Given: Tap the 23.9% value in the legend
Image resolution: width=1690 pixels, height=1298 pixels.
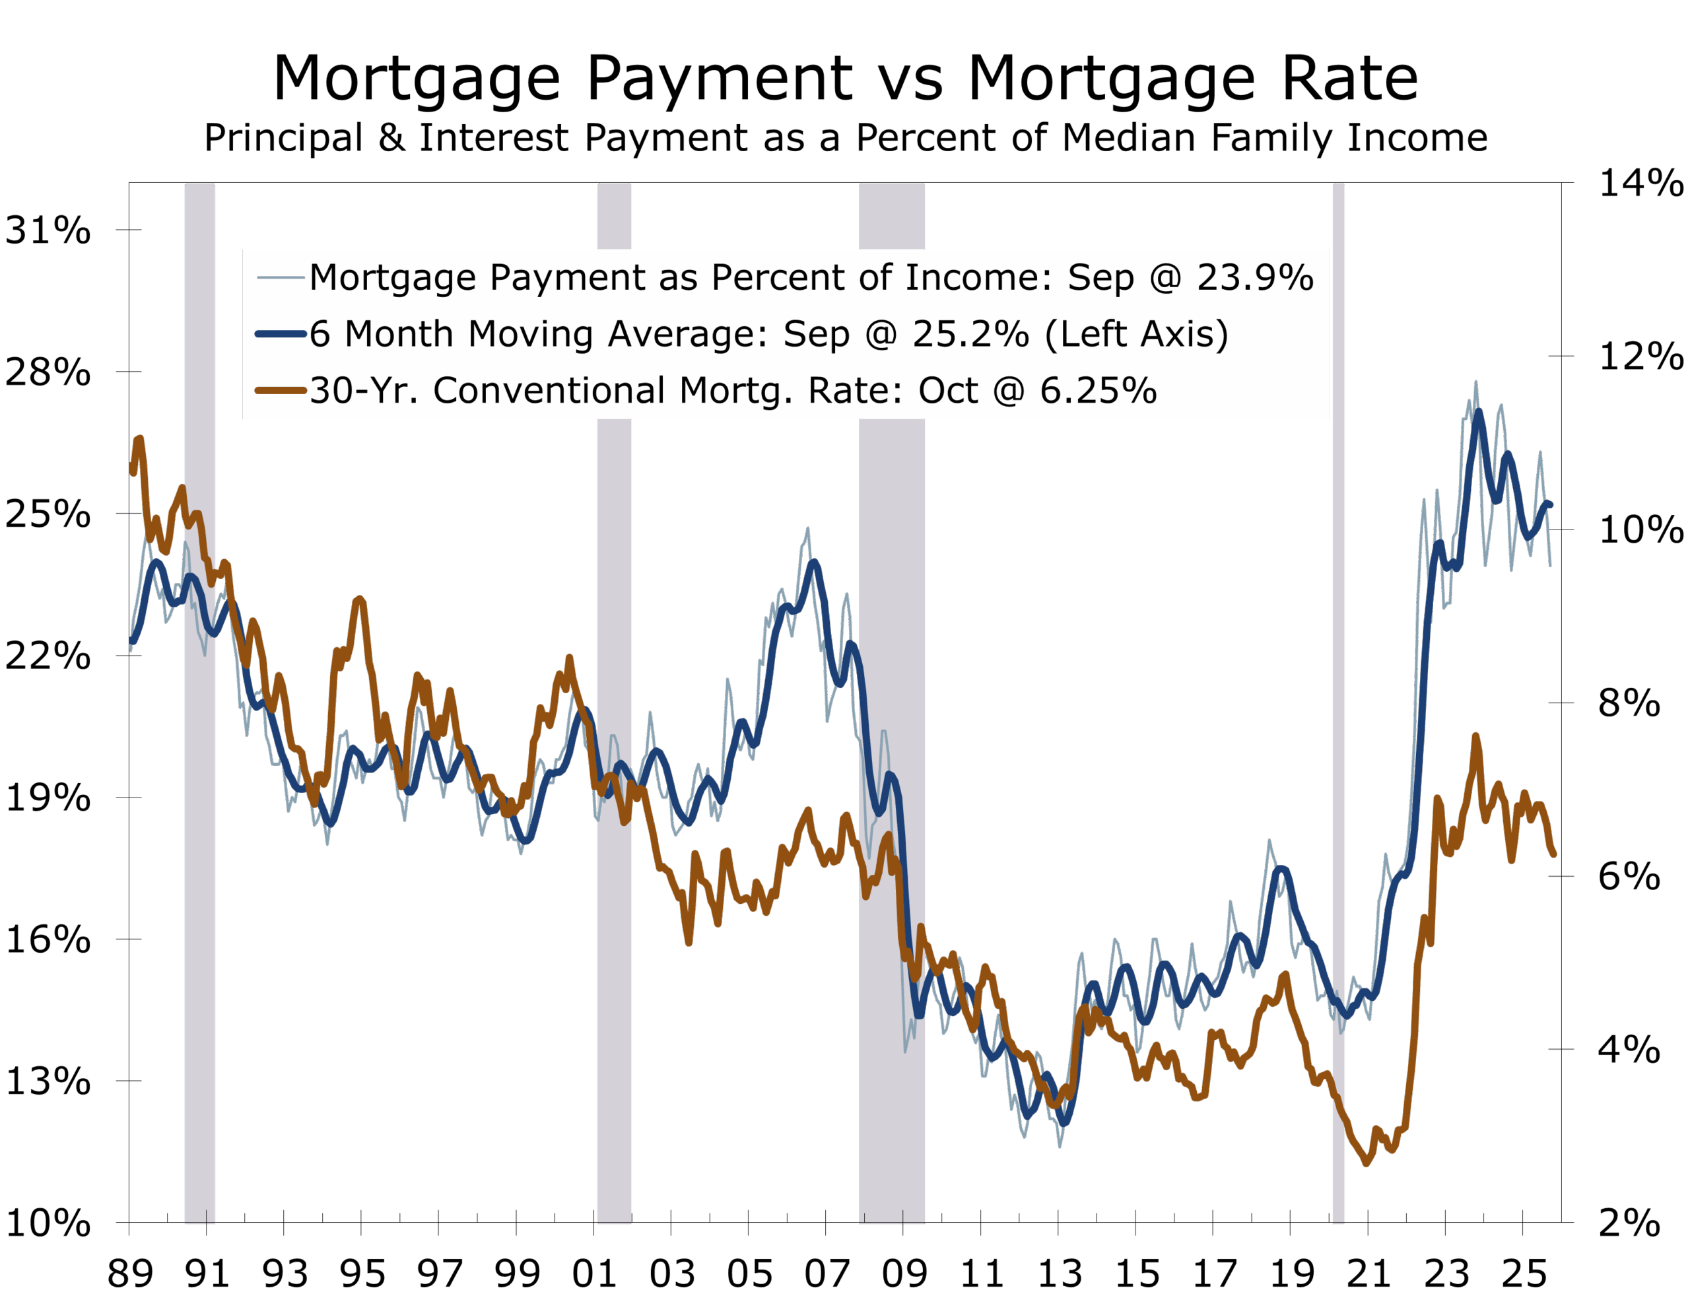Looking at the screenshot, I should [1254, 278].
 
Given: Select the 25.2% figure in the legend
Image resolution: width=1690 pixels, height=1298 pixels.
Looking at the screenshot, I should [970, 335].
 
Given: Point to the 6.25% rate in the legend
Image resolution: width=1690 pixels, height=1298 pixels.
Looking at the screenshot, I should [1098, 391].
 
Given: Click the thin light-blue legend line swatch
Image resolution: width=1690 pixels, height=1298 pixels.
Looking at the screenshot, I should [281, 277].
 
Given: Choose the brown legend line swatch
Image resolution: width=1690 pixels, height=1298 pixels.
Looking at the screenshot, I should [281, 390].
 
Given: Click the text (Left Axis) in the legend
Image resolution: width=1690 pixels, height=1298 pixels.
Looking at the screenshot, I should [1135, 335].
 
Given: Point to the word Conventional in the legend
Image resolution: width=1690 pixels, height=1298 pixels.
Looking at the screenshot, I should [549, 391].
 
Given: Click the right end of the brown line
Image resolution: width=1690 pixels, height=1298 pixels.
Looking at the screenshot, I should [1553, 854].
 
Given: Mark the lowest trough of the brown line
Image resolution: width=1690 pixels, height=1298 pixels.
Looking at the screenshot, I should [1367, 1163].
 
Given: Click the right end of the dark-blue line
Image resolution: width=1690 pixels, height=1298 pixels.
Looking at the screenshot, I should [1549, 504].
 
